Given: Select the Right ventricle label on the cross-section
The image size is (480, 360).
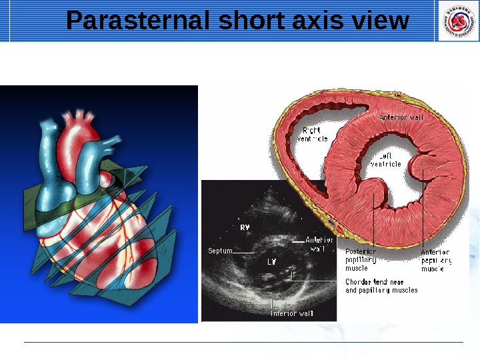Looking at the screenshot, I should (x=311, y=134).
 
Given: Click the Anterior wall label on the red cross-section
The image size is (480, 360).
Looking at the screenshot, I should (x=401, y=117).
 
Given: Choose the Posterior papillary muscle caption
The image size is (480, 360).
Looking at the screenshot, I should (x=361, y=260).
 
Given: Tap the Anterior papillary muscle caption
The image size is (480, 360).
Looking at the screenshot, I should (x=436, y=260).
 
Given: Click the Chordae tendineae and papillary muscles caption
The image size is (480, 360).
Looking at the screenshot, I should (x=381, y=286).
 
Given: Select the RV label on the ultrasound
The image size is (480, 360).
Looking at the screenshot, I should (x=245, y=227).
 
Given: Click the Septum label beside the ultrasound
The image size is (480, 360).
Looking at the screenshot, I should (x=219, y=251).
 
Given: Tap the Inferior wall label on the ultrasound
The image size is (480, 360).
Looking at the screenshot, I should (x=292, y=313).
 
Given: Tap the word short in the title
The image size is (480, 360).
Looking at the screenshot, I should (x=253, y=21).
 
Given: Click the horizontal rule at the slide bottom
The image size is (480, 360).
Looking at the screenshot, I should (x=243, y=343).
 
